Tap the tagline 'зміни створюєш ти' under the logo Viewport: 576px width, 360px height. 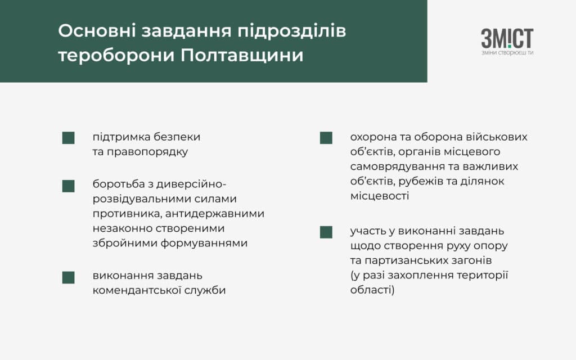coord(507,53)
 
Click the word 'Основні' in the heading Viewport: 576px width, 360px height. coord(97,30)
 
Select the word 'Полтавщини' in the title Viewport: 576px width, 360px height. coord(242,56)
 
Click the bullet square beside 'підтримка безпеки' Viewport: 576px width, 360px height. coord(68,138)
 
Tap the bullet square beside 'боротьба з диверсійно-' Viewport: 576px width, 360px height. coord(68,186)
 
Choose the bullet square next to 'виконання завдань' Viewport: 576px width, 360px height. coord(68,277)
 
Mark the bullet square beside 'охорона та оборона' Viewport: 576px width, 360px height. coord(326,138)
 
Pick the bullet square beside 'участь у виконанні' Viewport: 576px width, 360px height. coord(326,232)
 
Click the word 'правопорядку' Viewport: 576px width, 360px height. coord(147,152)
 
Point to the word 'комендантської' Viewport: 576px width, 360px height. coord(137,290)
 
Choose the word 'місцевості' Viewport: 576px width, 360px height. coord(380,196)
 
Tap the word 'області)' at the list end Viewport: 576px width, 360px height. coord(372,290)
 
